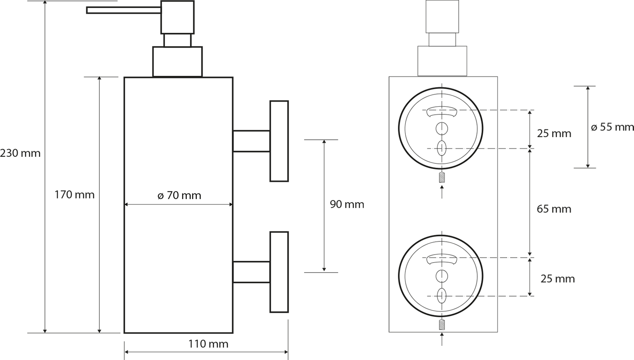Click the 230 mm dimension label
20,153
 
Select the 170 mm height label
75,195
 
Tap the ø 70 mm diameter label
179,195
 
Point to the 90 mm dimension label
347,204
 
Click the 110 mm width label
208,344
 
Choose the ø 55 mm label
612,127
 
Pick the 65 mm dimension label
554,209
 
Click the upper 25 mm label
554,133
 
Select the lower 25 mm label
558,279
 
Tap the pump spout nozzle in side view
124,10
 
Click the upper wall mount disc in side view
279,141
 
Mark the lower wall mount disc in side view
279,272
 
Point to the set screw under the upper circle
442,177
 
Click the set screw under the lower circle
442,324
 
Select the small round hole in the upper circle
442,129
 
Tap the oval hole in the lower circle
442,296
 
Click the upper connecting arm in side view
251,141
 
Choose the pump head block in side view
177,17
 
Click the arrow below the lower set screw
442,339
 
